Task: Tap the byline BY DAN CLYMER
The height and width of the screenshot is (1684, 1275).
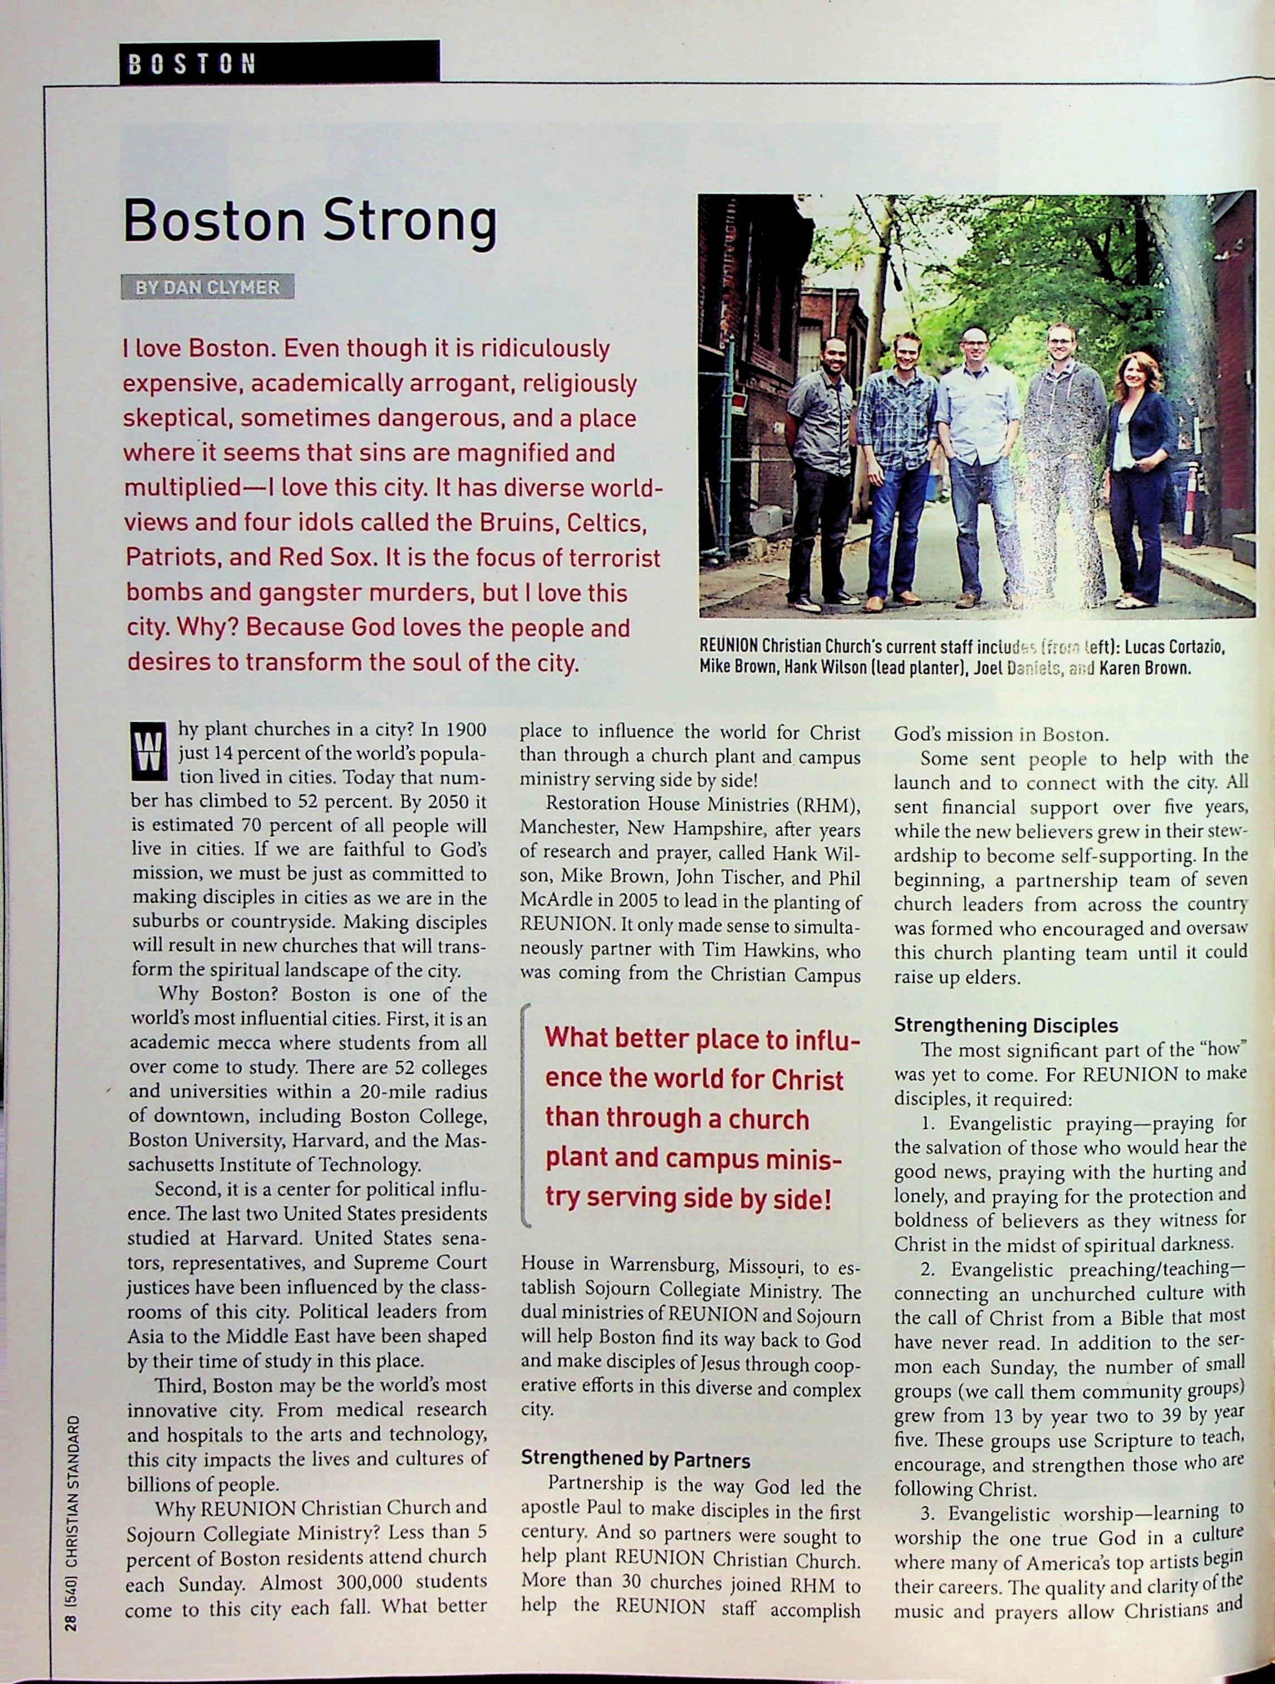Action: (207, 288)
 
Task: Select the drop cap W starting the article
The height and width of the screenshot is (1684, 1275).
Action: (149, 750)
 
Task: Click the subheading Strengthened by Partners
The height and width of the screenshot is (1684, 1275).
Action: (635, 1460)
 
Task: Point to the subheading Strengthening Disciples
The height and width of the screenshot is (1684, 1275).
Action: (1006, 1025)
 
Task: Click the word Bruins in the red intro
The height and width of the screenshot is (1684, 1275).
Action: (514, 523)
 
